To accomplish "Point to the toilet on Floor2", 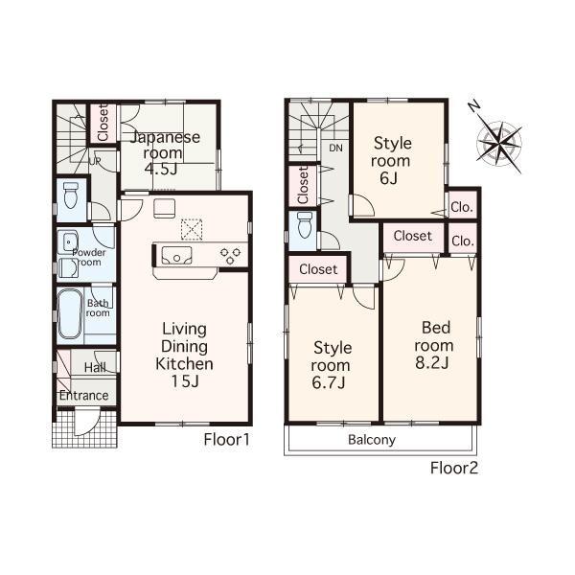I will click(x=304, y=226).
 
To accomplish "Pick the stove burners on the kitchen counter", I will click(x=230, y=255).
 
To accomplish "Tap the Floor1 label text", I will click(x=226, y=440).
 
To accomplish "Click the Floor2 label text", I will click(x=453, y=468).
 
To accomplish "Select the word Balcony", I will click(x=371, y=440).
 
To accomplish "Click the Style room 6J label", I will click(x=392, y=161).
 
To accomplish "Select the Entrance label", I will click(x=83, y=396).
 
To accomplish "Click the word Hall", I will click(x=94, y=366).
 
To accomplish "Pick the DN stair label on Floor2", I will click(x=335, y=149).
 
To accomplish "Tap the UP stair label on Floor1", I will click(x=94, y=160).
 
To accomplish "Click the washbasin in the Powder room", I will click(x=70, y=241).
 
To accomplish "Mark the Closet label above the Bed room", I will click(x=412, y=235).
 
